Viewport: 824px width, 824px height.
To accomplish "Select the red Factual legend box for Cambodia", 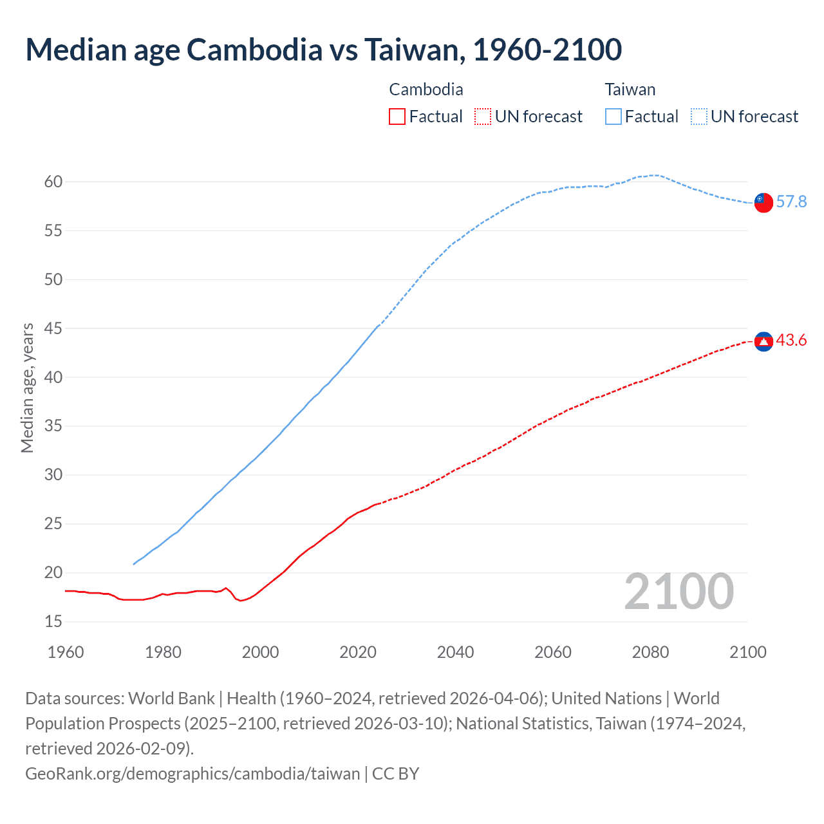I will click(x=397, y=117).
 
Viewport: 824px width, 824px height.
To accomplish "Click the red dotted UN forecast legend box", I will click(x=483, y=117).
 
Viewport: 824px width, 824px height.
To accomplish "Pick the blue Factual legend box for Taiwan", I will click(x=613, y=117).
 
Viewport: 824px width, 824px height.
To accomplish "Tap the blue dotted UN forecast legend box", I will click(x=698, y=117).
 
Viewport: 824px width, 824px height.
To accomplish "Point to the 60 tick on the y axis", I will click(x=53, y=182).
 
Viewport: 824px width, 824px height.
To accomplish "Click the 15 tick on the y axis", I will click(x=53, y=621).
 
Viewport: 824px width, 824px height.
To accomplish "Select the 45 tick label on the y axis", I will click(x=53, y=328).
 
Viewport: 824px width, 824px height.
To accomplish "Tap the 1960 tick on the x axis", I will click(x=66, y=652).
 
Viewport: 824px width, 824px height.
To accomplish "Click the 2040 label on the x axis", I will click(x=455, y=652).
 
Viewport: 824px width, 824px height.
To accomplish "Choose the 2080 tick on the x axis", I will click(x=650, y=652).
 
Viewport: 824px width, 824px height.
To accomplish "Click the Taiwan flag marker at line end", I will click(x=763, y=202).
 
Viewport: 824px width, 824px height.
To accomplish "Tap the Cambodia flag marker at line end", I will click(x=763, y=342).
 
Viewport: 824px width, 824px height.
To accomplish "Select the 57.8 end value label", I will click(x=791, y=202).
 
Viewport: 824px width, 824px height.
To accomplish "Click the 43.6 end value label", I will click(x=791, y=341).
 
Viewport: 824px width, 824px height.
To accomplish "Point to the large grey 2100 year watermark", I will click(x=679, y=592).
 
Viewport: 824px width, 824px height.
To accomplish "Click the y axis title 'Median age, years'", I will click(x=27, y=388).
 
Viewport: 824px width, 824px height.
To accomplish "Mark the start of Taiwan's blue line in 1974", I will click(x=134, y=564).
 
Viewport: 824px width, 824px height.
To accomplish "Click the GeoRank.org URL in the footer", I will click(x=192, y=773).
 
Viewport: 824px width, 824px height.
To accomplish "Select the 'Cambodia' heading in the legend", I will click(x=426, y=89).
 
